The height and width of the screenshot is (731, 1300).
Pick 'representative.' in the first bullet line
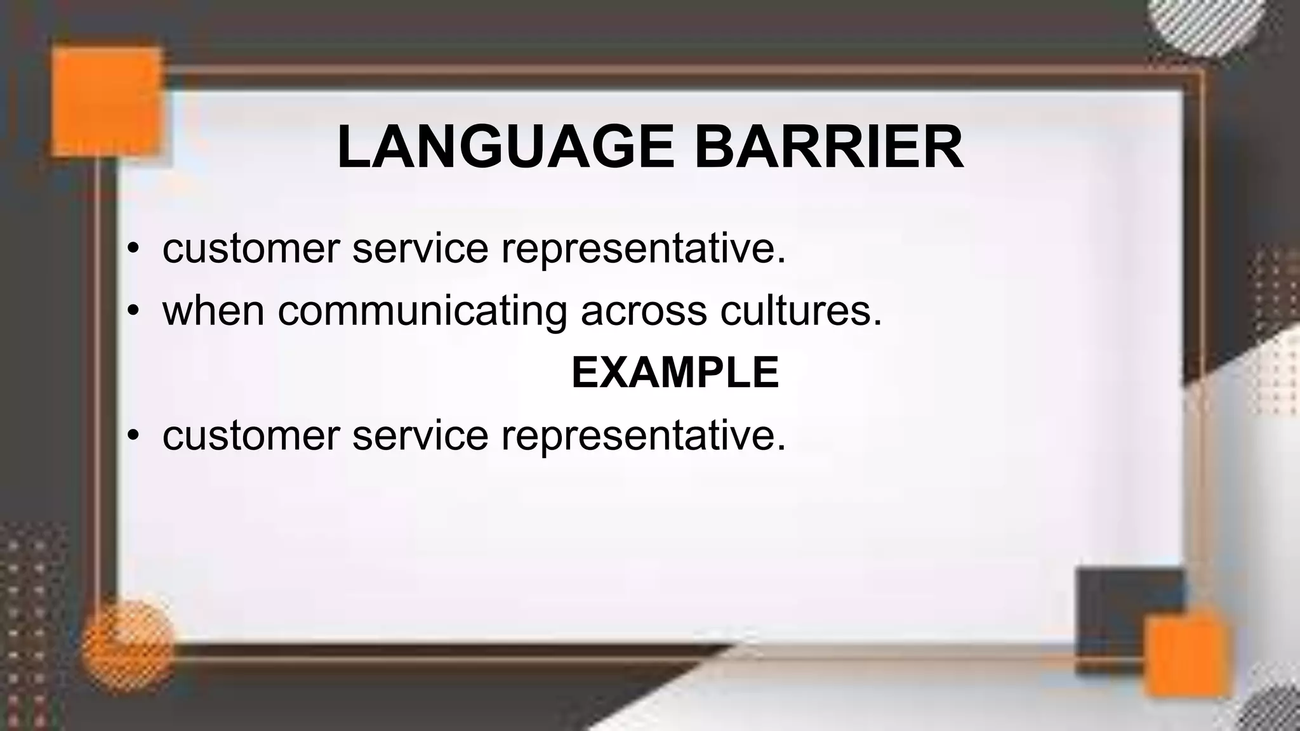644,249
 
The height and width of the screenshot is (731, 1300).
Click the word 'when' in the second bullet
213,311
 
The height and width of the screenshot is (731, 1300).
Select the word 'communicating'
422,312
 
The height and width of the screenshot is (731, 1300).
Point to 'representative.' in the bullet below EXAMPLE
644,437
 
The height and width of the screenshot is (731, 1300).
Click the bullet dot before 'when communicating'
132,311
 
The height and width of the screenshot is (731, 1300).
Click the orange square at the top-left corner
106,102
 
